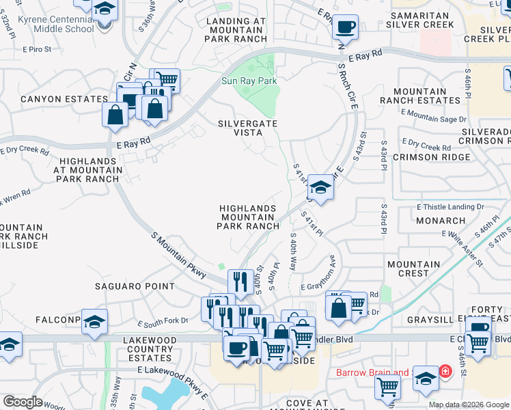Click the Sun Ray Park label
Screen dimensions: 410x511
(x=249, y=81)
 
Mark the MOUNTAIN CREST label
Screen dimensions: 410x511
(x=413, y=269)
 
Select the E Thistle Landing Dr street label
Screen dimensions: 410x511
(x=450, y=206)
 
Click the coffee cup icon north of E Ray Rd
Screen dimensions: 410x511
(x=345, y=28)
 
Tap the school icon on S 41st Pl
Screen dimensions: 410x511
(x=320, y=187)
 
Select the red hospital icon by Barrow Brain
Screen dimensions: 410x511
(x=445, y=372)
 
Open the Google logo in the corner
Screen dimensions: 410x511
(x=23, y=402)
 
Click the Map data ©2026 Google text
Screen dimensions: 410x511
(x=468, y=405)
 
